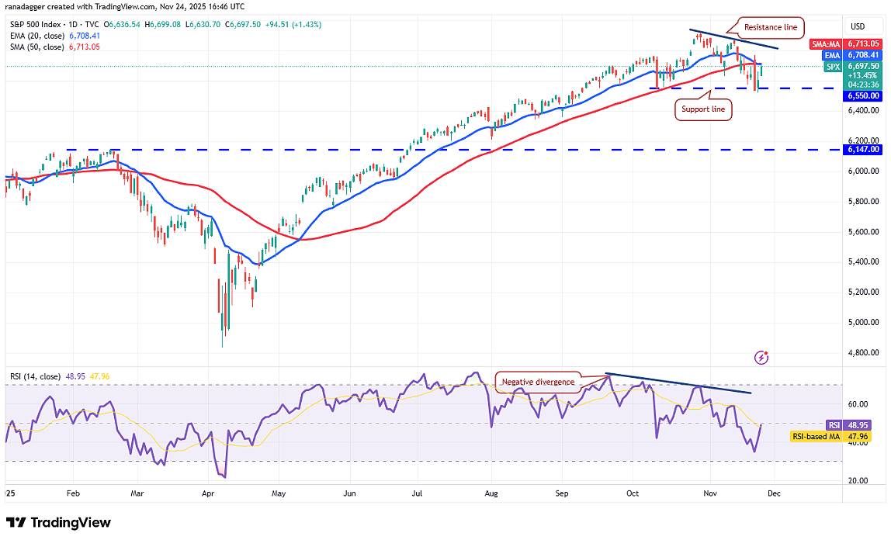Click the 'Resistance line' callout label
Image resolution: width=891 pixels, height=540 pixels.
770,27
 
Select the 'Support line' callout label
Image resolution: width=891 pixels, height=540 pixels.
702,110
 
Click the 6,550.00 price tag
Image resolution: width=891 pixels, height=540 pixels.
863,95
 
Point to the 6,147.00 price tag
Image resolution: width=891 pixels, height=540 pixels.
863,149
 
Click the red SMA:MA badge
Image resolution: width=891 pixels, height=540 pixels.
825,44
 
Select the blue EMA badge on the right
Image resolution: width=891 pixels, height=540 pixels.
832,55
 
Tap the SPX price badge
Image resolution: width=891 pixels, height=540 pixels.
833,67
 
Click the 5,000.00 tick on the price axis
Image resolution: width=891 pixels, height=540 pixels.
863,322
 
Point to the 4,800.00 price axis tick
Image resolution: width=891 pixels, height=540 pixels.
863,352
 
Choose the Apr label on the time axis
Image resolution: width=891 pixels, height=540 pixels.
208,492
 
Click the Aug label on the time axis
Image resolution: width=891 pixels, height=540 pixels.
491,492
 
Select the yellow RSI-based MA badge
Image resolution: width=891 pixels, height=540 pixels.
816,437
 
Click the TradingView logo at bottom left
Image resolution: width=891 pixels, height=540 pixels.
58,522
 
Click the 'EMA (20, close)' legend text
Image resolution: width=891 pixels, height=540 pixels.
36,36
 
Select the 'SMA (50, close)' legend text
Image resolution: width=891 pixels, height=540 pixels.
36,47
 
